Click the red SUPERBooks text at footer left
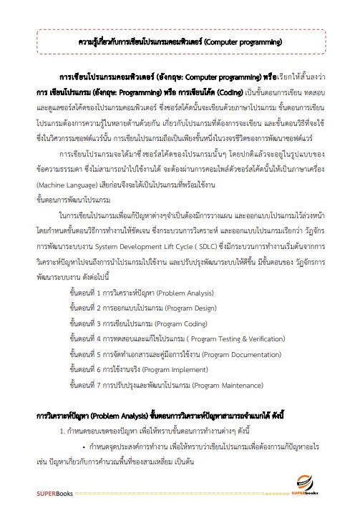coord(34,495)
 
